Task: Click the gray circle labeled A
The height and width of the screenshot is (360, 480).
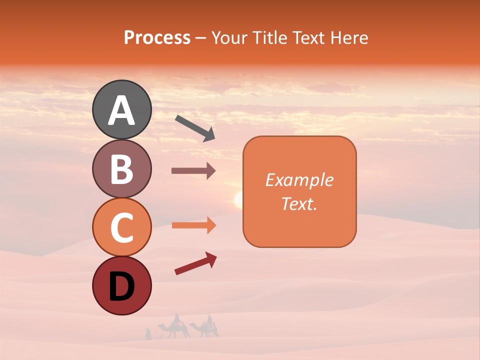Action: pos(121,109)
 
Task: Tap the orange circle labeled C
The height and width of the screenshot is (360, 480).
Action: pos(121,227)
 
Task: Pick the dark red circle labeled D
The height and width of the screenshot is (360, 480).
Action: pos(121,285)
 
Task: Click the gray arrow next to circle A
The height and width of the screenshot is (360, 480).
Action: pos(195,128)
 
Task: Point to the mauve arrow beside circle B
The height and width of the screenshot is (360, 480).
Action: pos(193,170)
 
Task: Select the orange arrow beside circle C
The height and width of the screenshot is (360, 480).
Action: pos(193,225)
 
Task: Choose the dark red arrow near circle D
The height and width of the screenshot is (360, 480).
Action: pos(195,263)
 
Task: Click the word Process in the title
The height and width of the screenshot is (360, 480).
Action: pos(157,37)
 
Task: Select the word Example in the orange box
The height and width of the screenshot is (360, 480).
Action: pos(299,180)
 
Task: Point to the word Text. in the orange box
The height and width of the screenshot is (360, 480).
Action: pos(299,203)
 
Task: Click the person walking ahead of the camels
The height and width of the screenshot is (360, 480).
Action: pos(148,333)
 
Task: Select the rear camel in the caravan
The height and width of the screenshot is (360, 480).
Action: pos(206,329)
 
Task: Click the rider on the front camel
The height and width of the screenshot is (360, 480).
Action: pos(176,318)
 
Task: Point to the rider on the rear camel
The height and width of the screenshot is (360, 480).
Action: pos(209,319)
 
